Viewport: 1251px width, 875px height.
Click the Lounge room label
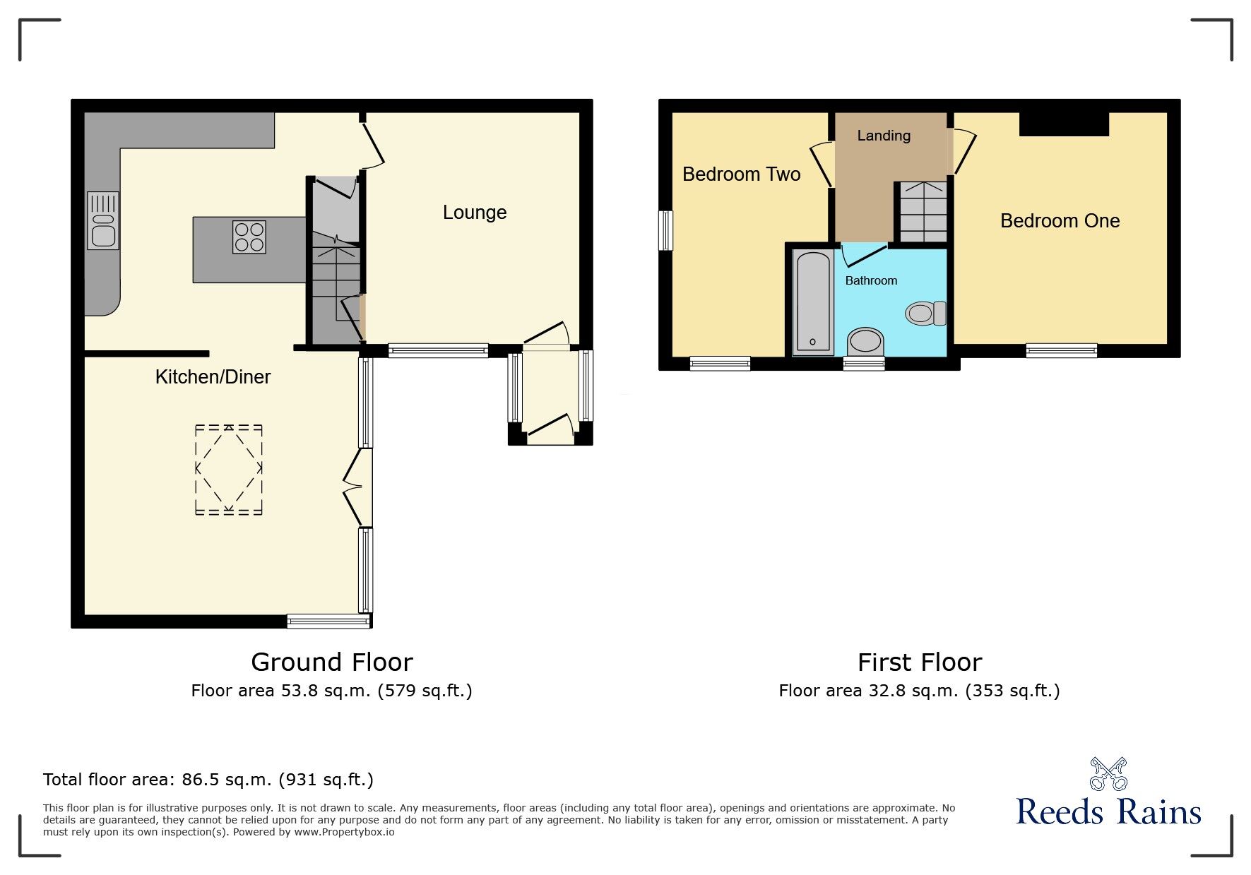(474, 213)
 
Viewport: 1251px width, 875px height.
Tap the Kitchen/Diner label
(213, 377)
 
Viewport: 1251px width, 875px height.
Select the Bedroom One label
(1060, 221)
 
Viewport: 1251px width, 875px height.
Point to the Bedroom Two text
(741, 174)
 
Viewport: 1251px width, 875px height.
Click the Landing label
(883, 136)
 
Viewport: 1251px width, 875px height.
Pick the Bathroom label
(871, 281)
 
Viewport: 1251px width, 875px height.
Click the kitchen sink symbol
(103, 221)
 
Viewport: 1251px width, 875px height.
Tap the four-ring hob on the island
(249, 237)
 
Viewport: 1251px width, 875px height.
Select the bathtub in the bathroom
(812, 302)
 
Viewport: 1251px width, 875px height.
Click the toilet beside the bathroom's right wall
(925, 313)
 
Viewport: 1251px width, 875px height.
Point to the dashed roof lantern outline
(228, 469)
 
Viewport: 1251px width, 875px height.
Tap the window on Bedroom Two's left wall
(665, 230)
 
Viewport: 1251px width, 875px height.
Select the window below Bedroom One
(1061, 350)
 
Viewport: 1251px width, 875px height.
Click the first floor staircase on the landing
(923, 212)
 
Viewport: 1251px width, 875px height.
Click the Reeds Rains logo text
(1108, 813)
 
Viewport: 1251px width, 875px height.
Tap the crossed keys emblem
(1108, 774)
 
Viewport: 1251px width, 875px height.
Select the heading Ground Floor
(331, 662)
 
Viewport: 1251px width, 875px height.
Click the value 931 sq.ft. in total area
(326, 780)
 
